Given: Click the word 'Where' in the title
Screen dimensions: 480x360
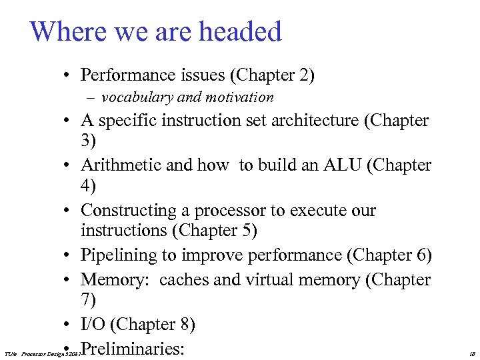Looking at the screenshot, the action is tap(65, 31).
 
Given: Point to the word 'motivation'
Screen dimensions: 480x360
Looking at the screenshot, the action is tap(240, 97).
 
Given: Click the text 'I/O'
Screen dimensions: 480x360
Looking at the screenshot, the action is tap(93, 325).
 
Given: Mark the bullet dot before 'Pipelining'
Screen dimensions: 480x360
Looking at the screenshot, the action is tap(69, 256).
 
